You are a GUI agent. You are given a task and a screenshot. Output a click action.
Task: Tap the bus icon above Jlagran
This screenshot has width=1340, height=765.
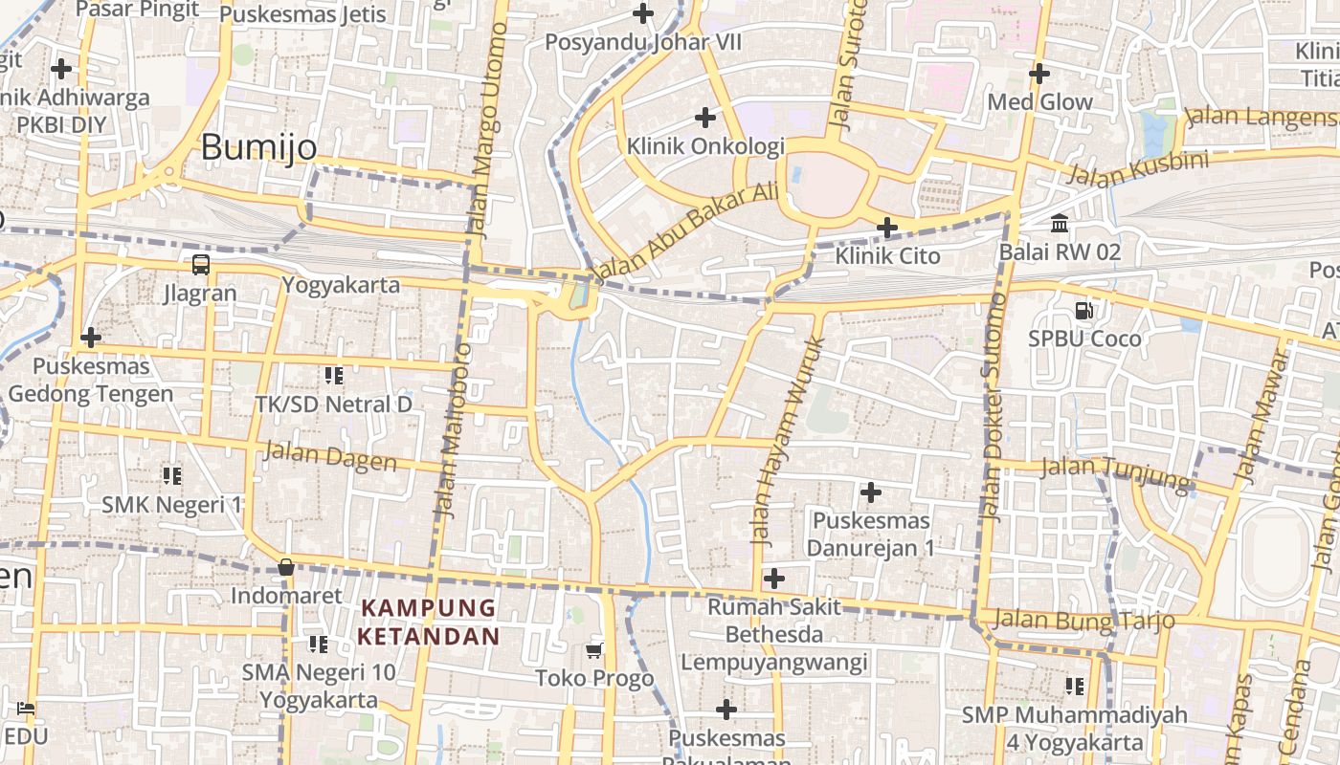(201, 265)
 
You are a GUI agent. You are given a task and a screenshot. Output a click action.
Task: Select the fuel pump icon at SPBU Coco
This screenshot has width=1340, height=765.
(1084, 311)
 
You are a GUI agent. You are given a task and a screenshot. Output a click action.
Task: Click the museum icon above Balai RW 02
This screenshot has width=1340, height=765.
(1060, 224)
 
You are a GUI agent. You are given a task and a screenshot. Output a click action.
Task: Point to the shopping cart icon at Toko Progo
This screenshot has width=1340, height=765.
(594, 651)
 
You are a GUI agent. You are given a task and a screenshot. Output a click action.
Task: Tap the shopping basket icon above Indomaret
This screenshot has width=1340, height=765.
(285, 568)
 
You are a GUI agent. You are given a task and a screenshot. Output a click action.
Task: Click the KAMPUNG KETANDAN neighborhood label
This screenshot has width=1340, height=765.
(429, 622)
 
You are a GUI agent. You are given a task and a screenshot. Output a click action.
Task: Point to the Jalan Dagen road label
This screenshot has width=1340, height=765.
(330, 456)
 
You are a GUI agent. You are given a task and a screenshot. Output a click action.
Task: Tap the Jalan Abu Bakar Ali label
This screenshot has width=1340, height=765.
(686, 233)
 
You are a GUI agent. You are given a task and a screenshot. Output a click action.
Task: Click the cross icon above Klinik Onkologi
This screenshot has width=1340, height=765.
(705, 118)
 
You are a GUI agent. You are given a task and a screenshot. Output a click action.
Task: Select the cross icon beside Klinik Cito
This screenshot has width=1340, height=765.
(887, 228)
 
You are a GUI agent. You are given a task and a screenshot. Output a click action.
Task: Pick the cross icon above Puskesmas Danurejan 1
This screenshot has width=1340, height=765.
(870, 492)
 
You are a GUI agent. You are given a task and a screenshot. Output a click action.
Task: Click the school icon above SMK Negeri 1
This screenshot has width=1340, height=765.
(172, 475)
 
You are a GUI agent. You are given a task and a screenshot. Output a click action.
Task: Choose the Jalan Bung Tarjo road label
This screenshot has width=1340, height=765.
(1083, 620)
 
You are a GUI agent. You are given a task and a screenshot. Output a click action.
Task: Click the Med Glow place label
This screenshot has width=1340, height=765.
(1039, 102)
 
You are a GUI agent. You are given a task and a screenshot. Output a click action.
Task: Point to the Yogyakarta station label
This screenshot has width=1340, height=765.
(341, 285)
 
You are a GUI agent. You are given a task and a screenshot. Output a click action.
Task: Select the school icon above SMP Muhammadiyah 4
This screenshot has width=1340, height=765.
(1075, 686)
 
